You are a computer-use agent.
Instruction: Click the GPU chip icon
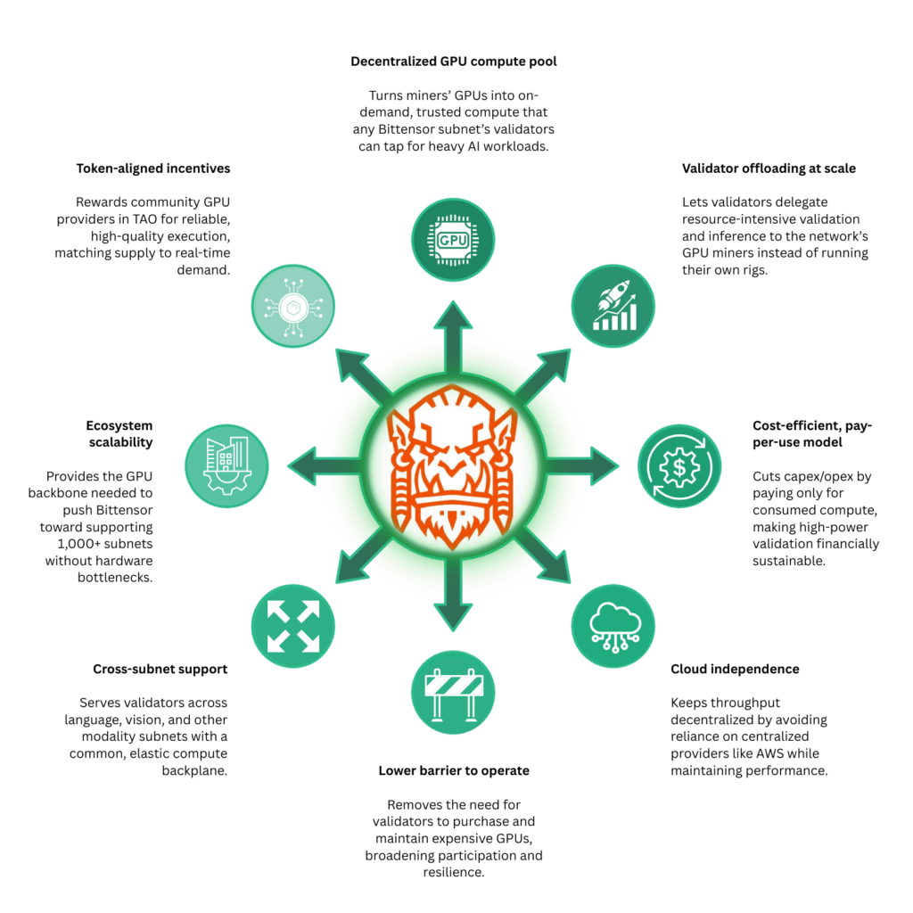453,240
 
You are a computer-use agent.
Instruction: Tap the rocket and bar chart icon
612,306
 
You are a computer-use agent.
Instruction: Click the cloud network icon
612,625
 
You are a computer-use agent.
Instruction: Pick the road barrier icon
453,691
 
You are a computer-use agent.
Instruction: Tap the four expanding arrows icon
293,625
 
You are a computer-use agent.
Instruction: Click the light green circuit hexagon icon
293,306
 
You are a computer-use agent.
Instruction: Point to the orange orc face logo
453,466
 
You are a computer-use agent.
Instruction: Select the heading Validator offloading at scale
768,168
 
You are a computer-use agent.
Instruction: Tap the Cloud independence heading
735,669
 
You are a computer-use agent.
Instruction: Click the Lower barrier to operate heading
454,770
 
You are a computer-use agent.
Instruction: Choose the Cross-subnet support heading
160,669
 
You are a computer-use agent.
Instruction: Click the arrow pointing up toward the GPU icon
453,339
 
